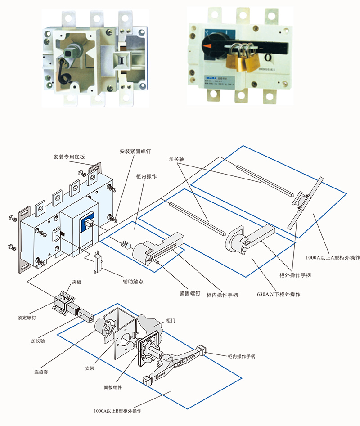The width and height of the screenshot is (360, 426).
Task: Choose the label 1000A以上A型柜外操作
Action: point(333,258)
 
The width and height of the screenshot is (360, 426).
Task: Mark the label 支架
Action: point(90,368)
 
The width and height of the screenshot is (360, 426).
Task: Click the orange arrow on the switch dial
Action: point(207,46)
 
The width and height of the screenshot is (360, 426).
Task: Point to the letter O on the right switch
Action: point(267,58)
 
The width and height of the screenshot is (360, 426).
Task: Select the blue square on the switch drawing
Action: point(87,223)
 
